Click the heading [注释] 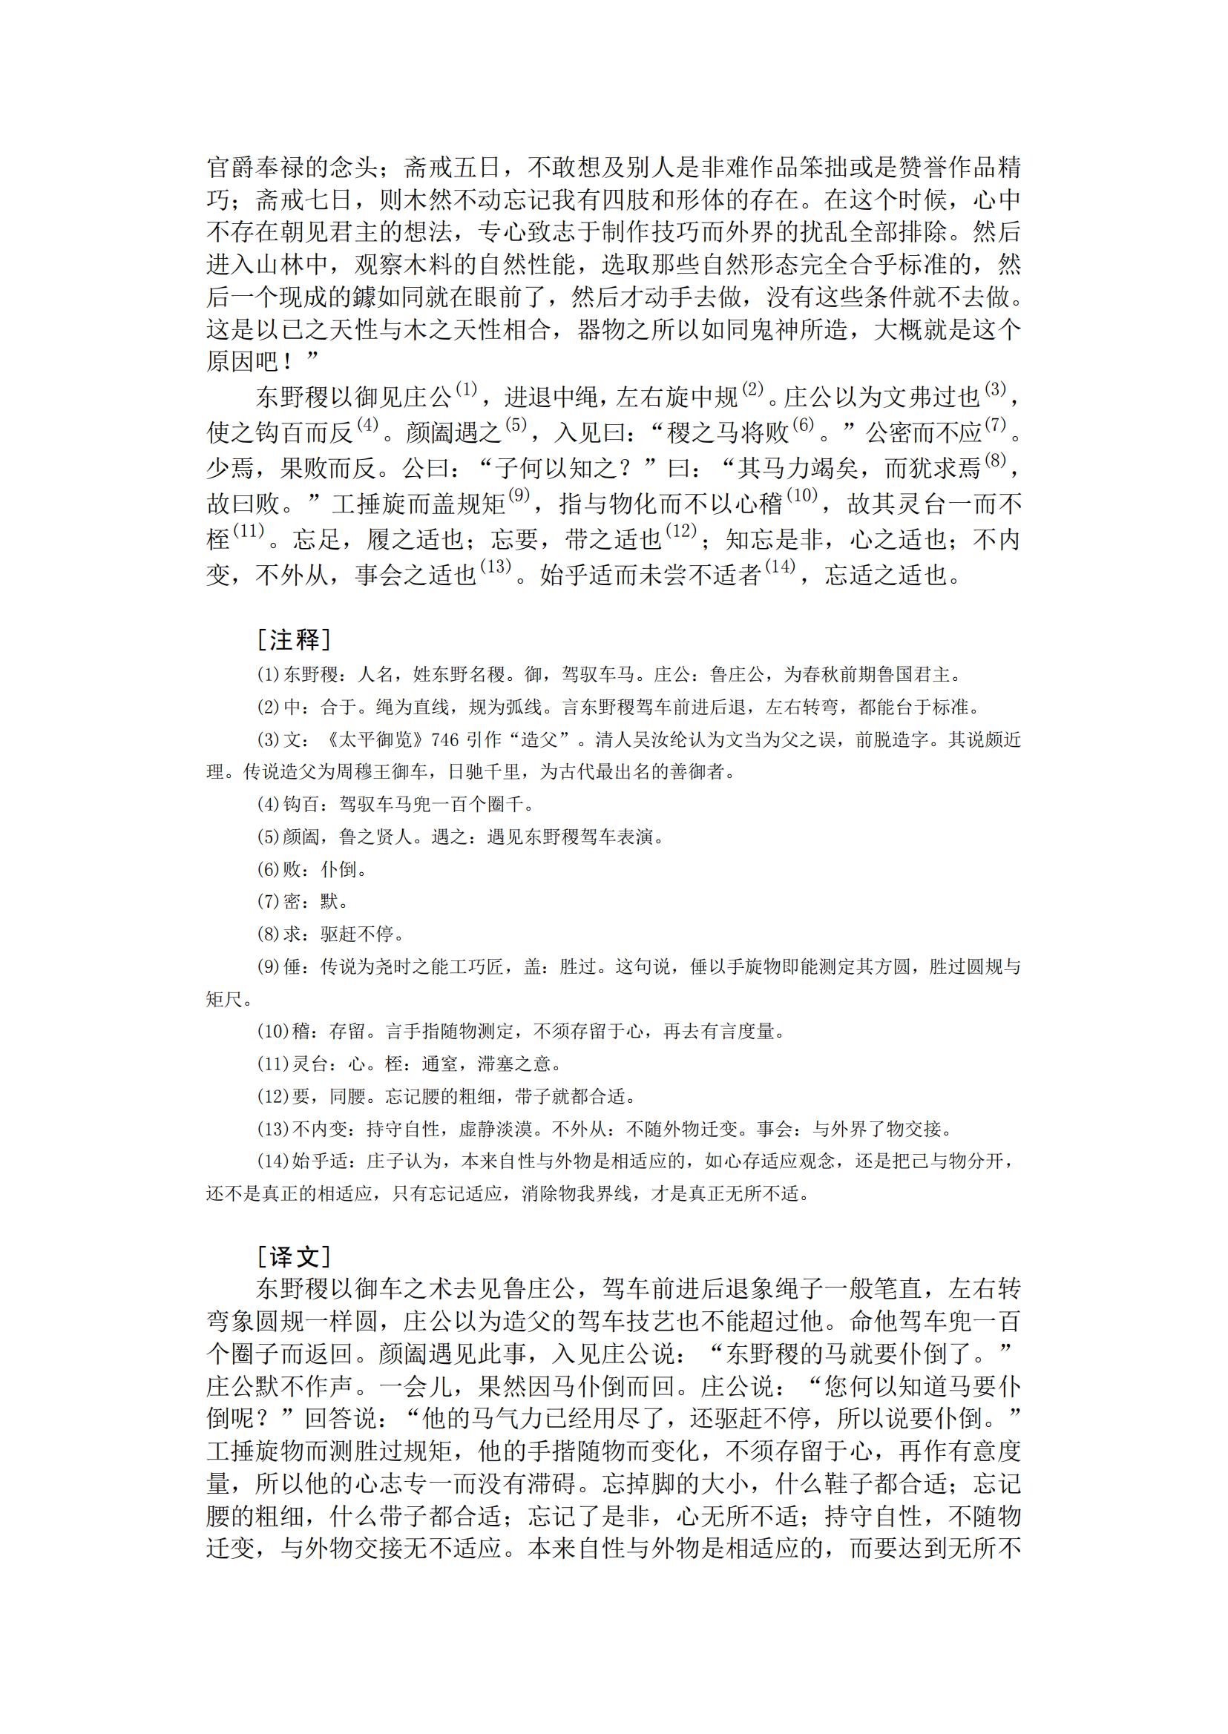293,640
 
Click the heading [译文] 293,1256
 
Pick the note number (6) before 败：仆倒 269,869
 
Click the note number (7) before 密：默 269,902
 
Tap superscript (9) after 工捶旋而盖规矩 520,496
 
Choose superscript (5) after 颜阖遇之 516,425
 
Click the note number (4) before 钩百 269,804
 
